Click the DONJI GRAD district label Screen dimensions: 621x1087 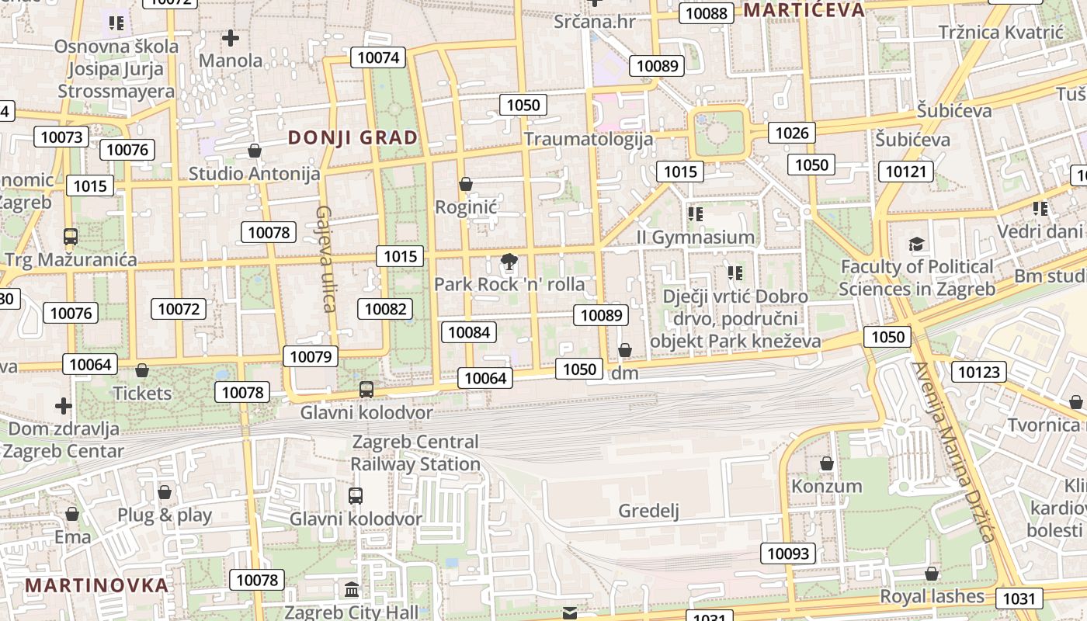[352, 138]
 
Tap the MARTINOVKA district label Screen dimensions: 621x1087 [97, 585]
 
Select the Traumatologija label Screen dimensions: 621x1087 [588, 139]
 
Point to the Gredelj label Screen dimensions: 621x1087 [648, 510]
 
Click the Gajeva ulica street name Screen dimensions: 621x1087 [325, 258]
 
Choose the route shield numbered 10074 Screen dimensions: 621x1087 [378, 57]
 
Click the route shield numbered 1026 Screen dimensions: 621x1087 [792, 133]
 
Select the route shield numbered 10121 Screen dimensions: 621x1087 [906, 171]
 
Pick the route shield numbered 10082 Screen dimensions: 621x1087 [385, 309]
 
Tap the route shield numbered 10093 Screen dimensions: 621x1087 [788, 553]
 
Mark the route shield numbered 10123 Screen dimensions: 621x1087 [979, 372]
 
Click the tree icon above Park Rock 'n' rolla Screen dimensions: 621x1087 [509, 262]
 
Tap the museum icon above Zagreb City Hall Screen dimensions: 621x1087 [351, 589]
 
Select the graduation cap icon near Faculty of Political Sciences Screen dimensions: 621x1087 [917, 245]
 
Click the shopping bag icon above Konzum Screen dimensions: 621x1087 [827, 463]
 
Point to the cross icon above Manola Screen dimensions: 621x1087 [230, 37]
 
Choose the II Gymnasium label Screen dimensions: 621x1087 [696, 237]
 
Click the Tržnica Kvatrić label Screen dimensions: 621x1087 [1000, 32]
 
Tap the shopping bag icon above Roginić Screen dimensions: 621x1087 [466, 184]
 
